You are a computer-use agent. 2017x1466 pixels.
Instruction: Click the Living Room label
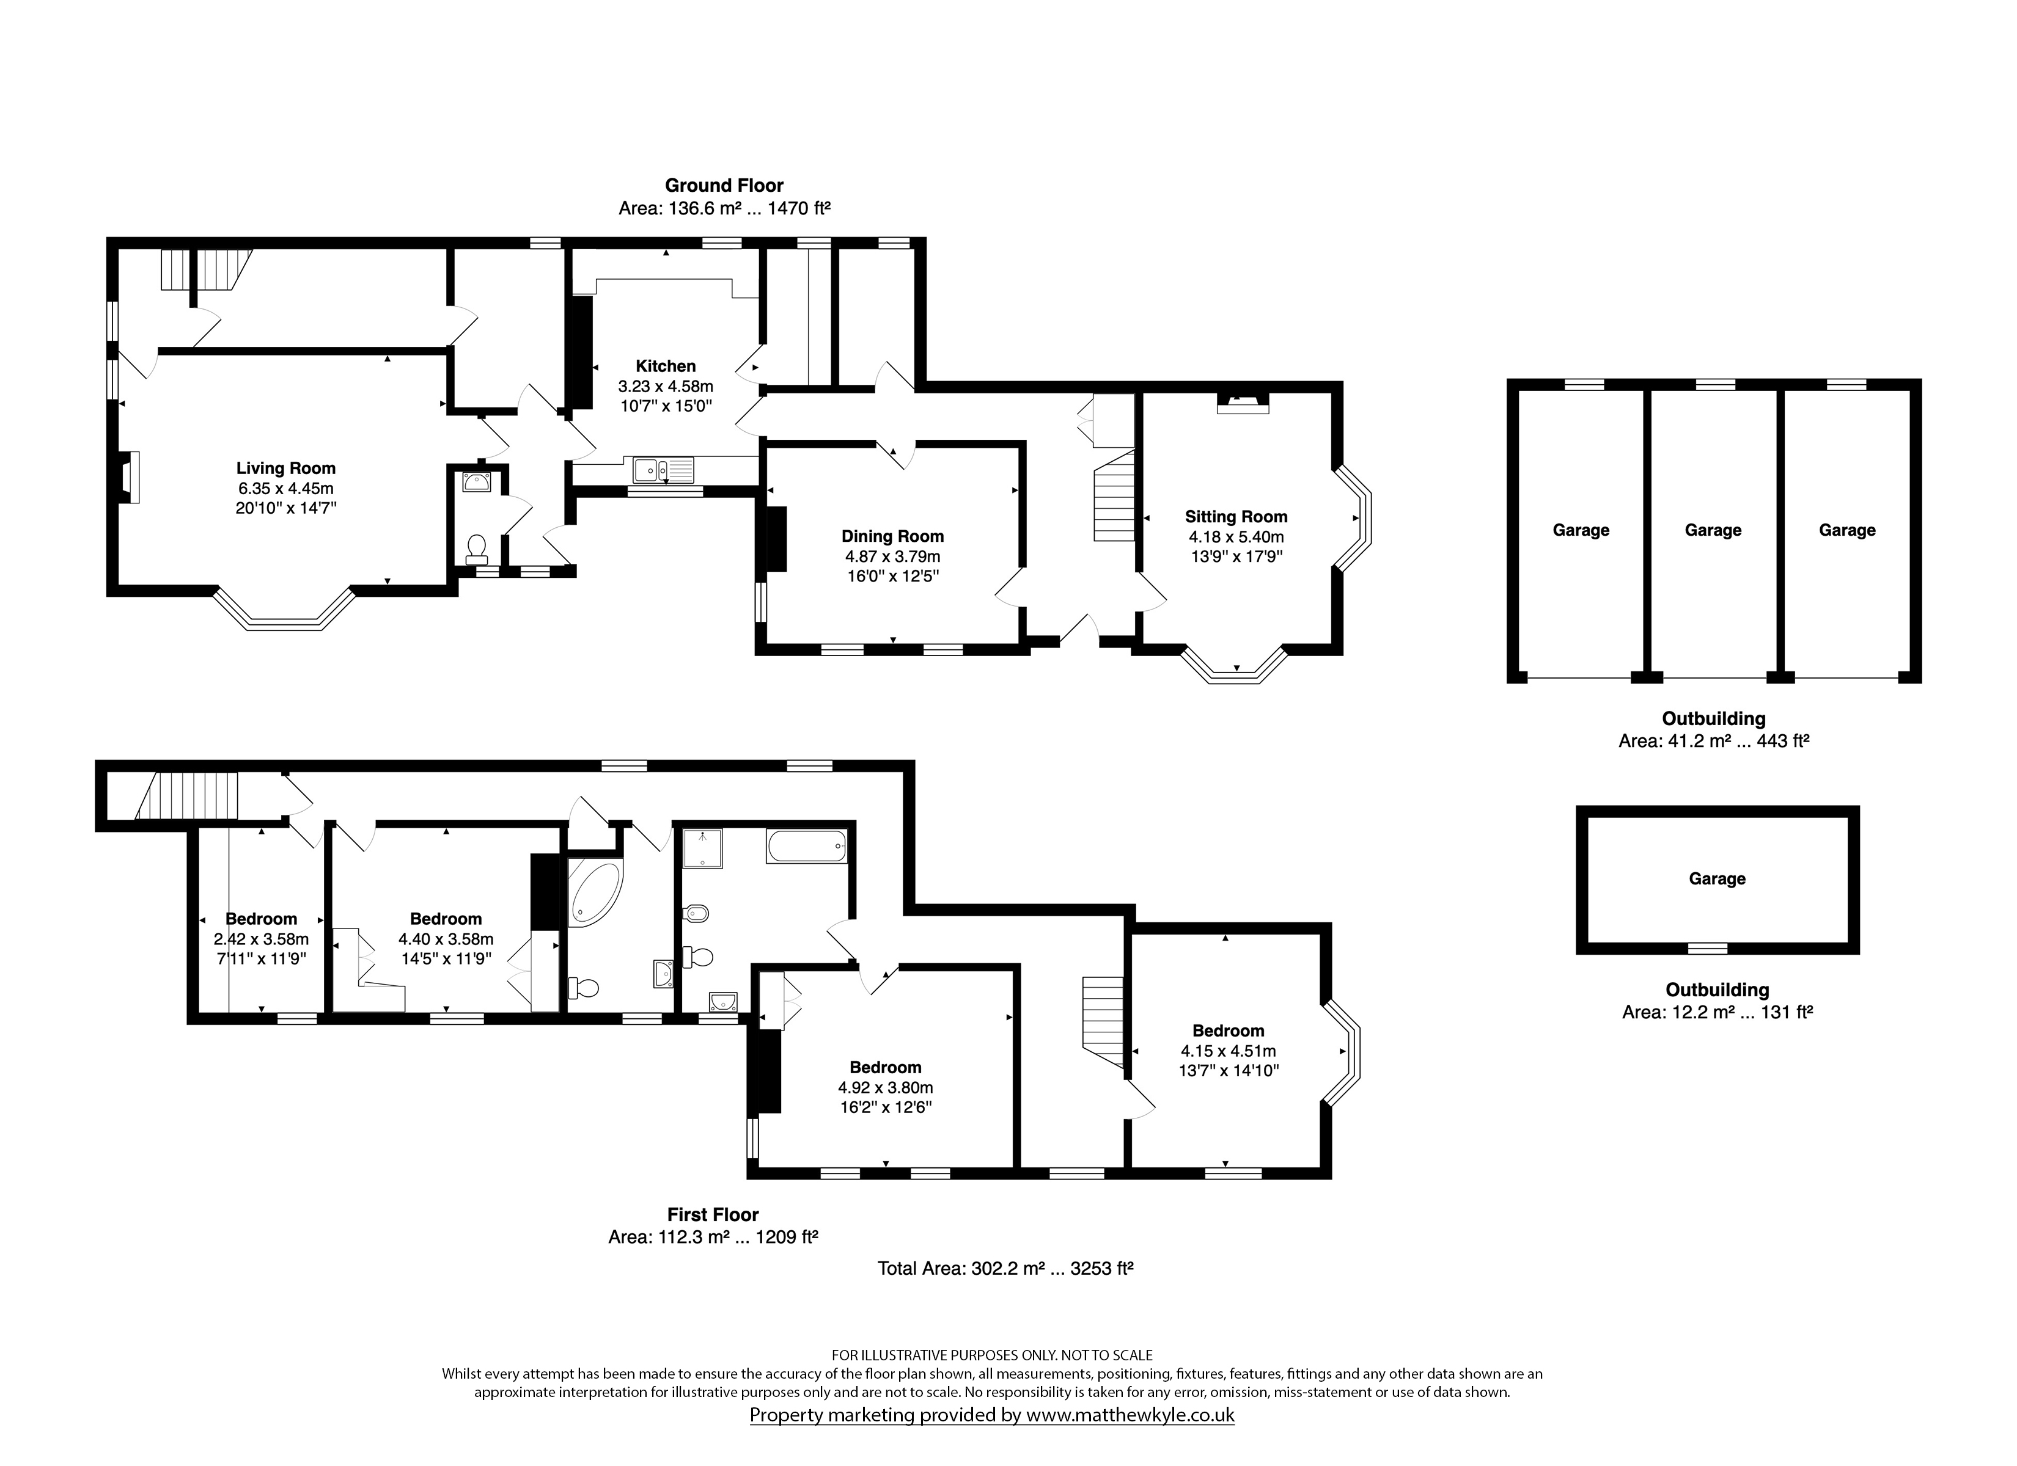click(285, 469)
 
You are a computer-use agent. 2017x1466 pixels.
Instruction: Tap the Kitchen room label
click(665, 366)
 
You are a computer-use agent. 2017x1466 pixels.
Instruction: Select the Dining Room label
click(892, 537)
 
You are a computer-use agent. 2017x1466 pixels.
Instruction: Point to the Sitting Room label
click(1235, 517)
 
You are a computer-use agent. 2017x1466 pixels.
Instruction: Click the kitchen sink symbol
click(663, 469)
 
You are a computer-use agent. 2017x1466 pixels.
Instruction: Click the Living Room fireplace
click(128, 478)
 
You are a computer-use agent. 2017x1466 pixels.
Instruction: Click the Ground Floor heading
click(724, 186)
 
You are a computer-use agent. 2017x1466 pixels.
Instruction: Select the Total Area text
click(1005, 1269)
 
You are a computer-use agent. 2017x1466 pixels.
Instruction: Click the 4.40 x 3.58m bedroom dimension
click(446, 939)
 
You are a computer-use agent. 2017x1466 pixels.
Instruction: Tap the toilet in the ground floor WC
click(477, 549)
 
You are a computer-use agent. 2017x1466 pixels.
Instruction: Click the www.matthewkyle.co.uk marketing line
click(991, 1415)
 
